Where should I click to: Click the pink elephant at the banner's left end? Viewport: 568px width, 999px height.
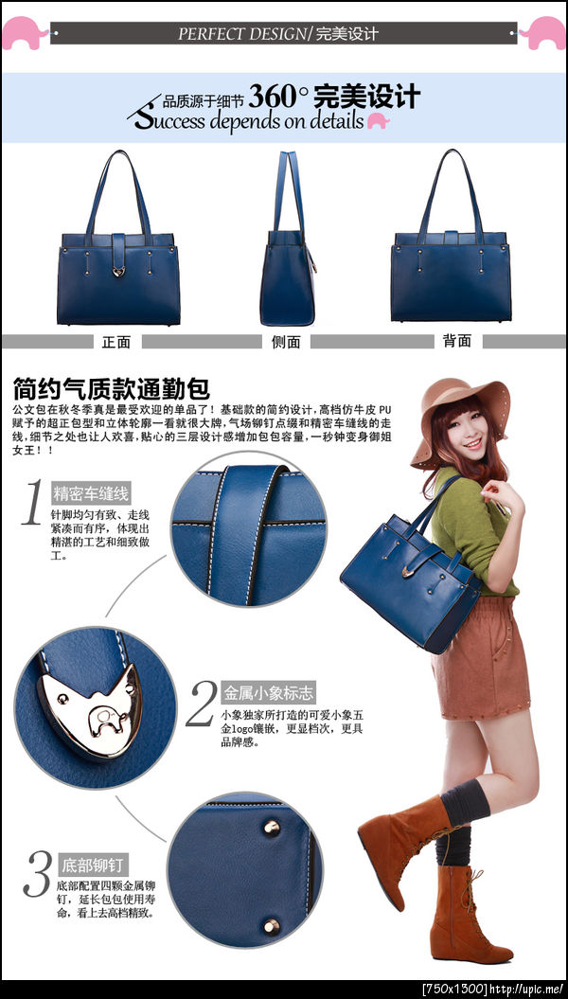pos(26,32)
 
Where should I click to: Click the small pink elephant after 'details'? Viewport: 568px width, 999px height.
pos(379,121)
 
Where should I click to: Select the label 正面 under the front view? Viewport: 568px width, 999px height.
pos(115,342)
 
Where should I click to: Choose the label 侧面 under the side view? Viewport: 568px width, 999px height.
pos(286,342)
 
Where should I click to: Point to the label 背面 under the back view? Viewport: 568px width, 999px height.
pos(457,341)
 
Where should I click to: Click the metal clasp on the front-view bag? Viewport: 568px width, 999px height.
pos(118,272)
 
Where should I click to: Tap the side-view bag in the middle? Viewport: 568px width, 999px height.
pos(288,239)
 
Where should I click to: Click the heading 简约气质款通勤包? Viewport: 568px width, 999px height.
pos(112,388)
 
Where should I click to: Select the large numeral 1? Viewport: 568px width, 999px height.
pos(33,502)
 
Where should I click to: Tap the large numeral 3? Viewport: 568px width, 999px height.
pos(37,874)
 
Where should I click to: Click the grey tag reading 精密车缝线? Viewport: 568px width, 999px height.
pos(92,493)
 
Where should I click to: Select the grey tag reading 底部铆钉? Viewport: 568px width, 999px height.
pos(94,865)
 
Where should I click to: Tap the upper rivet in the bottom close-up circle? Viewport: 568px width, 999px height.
pos(272,827)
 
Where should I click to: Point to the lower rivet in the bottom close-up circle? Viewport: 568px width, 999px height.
pos(272,926)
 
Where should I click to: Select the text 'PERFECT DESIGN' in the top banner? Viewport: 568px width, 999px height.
pos(242,34)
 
